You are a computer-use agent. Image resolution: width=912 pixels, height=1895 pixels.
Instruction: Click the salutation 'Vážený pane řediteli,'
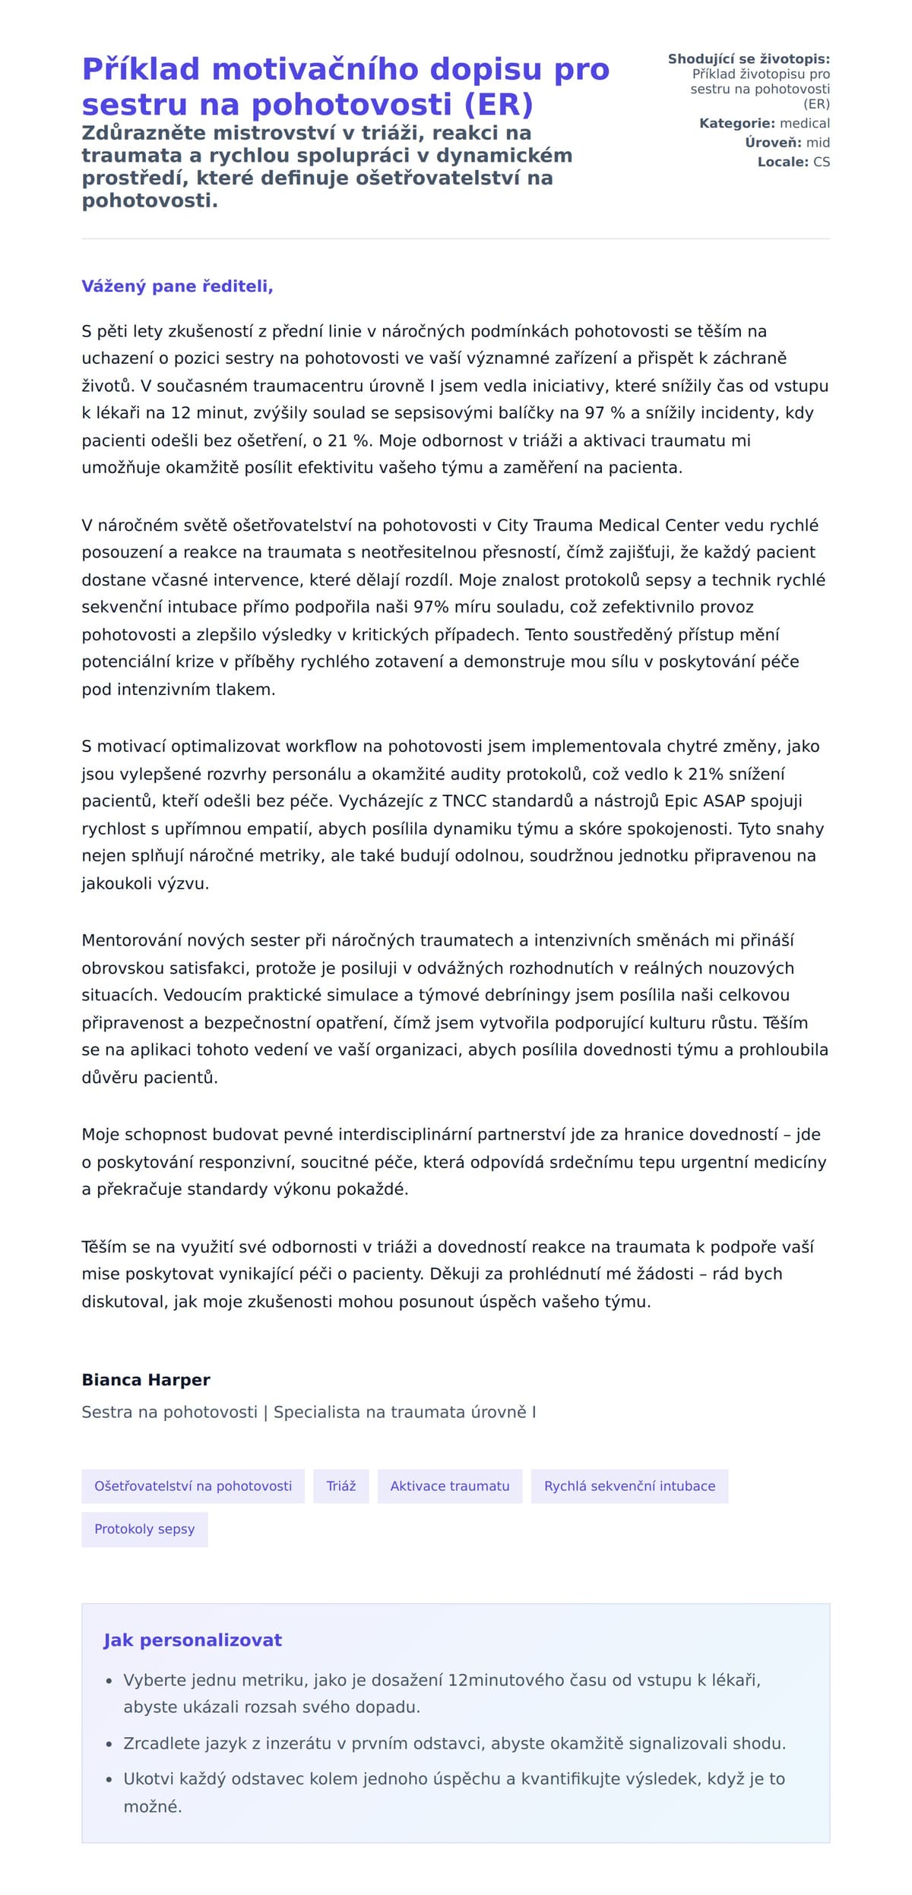[177, 286]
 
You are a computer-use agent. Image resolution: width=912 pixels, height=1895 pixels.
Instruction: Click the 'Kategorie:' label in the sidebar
[737, 123]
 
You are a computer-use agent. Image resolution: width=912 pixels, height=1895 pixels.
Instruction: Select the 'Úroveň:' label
[773, 143]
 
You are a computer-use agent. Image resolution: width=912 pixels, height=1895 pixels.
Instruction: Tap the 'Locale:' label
[783, 162]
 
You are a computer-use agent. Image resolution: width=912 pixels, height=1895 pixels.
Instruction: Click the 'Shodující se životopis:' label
[749, 59]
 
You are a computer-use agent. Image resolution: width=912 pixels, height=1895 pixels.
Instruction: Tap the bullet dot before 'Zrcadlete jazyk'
[109, 1744]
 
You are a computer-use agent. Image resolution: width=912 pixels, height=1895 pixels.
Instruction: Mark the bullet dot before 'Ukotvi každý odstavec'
[109, 1780]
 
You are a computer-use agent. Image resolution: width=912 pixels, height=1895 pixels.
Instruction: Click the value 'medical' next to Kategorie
[805, 123]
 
